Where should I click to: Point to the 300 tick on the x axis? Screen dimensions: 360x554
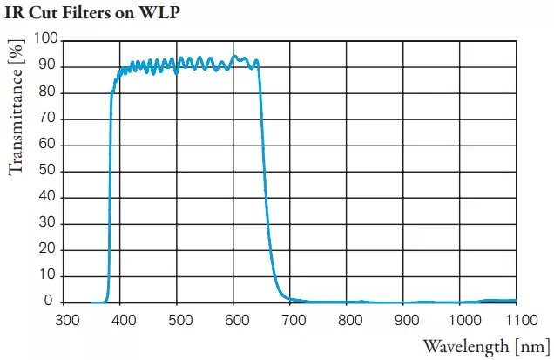[x=67, y=320]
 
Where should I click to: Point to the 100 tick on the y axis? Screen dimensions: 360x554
[x=46, y=39]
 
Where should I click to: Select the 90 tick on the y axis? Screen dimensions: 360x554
[x=50, y=66]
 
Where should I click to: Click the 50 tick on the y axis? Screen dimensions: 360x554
[x=50, y=171]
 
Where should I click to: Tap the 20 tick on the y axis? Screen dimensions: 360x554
[x=50, y=249]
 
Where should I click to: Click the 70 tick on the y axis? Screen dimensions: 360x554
[x=50, y=119]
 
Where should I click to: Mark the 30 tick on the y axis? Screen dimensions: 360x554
[x=50, y=223]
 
